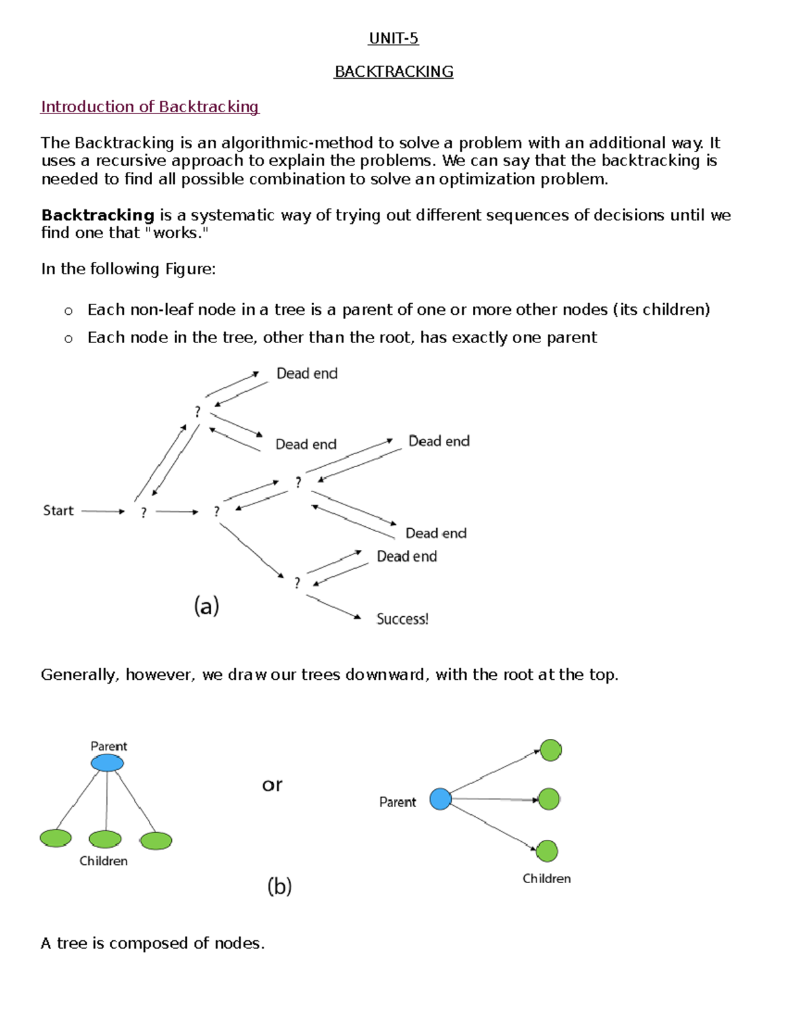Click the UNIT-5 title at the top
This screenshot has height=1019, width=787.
[x=393, y=39]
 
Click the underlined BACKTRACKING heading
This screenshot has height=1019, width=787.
[x=393, y=72]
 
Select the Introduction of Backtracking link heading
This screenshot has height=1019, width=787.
[x=150, y=107]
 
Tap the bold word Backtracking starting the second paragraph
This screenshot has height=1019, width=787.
[x=98, y=215]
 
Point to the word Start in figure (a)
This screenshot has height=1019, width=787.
[x=58, y=510]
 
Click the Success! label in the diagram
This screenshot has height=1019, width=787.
[x=402, y=619]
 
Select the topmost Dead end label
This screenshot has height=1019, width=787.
[x=307, y=373]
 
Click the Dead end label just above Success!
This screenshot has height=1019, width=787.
[x=407, y=556]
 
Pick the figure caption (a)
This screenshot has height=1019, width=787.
[x=207, y=606]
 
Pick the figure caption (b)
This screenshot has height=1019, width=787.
[x=279, y=886]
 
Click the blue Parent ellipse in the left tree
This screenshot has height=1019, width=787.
[x=107, y=763]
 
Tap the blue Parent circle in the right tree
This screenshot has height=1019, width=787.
[x=441, y=799]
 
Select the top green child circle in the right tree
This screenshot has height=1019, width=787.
[x=550, y=750]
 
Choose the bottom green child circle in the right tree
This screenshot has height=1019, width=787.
[x=547, y=851]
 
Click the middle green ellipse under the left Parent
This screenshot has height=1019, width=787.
[x=105, y=839]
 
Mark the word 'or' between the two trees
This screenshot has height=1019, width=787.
[x=272, y=785]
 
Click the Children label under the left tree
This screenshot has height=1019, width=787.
[x=104, y=861]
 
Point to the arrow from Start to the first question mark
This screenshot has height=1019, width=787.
[x=103, y=511]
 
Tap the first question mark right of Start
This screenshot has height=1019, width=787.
[x=144, y=512]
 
